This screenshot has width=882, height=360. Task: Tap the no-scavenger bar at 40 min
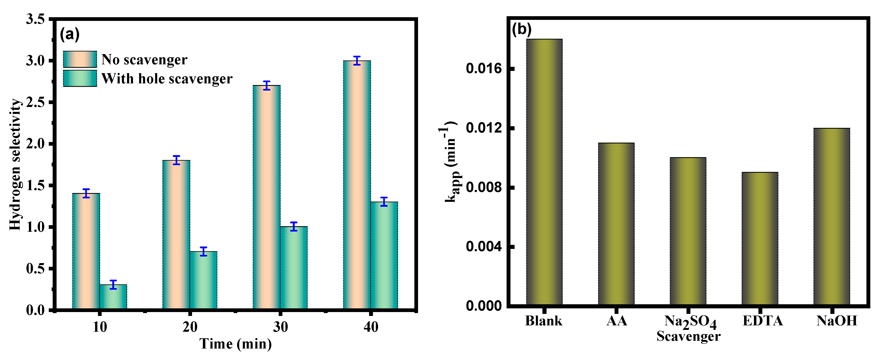357,185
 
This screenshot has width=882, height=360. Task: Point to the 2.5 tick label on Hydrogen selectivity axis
36,102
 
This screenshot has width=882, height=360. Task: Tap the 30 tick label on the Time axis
280,327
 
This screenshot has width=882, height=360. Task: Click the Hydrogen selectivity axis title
15,164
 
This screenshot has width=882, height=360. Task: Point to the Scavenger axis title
688,336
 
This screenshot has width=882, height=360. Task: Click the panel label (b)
521,30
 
